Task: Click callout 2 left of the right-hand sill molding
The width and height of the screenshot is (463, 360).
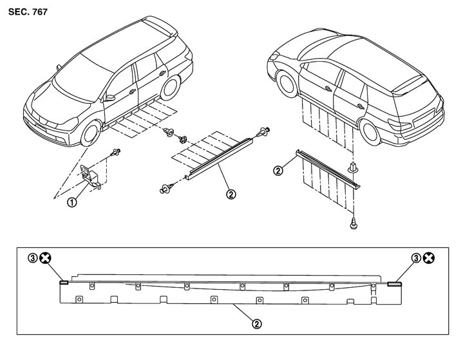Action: pyautogui.click(x=278, y=171)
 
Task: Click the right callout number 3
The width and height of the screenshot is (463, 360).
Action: pyautogui.click(x=417, y=258)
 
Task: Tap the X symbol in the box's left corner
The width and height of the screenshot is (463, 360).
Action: pyautogui.click(x=46, y=258)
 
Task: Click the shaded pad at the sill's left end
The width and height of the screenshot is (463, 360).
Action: pyautogui.click(x=63, y=281)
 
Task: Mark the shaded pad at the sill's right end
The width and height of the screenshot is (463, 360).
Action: pyautogui.click(x=393, y=281)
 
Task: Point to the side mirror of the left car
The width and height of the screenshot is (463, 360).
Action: pyautogui.click(x=110, y=98)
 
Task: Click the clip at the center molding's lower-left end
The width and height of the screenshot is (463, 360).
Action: pyautogui.click(x=166, y=189)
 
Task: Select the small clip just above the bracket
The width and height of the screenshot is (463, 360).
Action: pyautogui.click(x=117, y=153)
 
